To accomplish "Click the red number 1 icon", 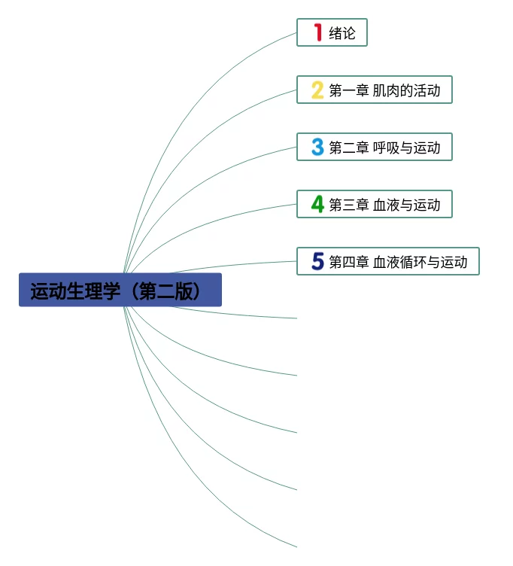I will pyautogui.click(x=318, y=32).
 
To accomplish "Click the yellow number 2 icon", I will pyautogui.click(x=318, y=90).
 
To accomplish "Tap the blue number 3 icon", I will pyautogui.click(x=318, y=147).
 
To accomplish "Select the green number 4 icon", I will pyautogui.click(x=318, y=204).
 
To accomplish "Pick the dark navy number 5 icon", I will pyautogui.click(x=318, y=261).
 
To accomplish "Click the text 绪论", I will pyautogui.click(x=342, y=33).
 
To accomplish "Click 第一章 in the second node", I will pyautogui.click(x=348, y=91).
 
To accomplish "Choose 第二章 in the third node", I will pyautogui.click(x=348, y=148).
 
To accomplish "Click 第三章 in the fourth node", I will pyautogui.click(x=348, y=205).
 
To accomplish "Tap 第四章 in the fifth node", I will pyautogui.click(x=348, y=262).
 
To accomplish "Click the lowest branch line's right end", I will pyautogui.click(x=296, y=546).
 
